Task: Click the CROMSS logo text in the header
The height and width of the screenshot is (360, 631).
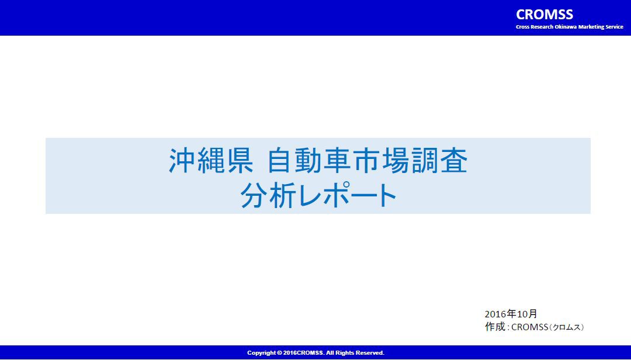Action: tap(545, 15)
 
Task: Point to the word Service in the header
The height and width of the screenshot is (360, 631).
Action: tap(615, 27)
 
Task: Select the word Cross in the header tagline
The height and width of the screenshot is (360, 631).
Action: tap(523, 27)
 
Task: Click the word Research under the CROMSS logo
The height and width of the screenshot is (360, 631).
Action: tap(542, 27)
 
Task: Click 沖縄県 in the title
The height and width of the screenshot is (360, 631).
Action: tap(211, 161)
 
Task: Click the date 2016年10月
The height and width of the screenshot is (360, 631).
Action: tap(511, 314)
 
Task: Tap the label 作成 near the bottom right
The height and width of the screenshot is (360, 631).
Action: tap(495, 327)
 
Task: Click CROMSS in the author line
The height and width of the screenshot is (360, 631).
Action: tap(529, 327)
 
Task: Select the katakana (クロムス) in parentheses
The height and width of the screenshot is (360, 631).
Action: tap(566, 327)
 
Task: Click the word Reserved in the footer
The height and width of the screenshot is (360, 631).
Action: tap(370, 353)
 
